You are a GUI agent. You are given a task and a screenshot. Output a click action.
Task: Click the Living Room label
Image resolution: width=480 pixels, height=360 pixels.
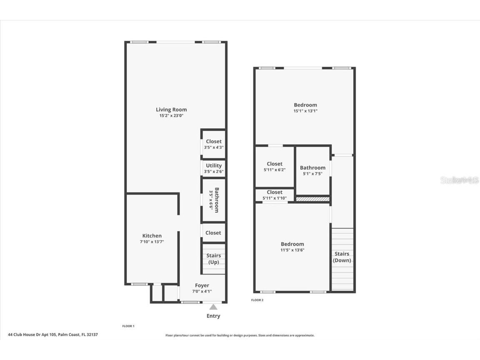pyautogui.click(x=171, y=110)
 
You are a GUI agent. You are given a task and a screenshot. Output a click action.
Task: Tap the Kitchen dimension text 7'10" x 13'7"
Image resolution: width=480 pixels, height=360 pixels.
pyautogui.click(x=152, y=242)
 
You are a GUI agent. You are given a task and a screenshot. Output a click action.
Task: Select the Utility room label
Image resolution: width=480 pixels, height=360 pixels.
pyautogui.click(x=214, y=165)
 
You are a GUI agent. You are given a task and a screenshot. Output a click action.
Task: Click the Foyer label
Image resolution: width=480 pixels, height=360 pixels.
pyautogui.click(x=202, y=285)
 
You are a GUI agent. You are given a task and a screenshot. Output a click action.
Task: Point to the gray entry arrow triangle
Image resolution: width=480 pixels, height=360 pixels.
pyautogui.click(x=213, y=307)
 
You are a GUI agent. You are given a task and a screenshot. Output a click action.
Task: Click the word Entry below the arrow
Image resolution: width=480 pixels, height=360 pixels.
pyautogui.click(x=213, y=316)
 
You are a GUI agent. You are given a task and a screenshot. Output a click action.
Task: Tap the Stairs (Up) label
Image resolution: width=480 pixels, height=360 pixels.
pyautogui.click(x=214, y=259)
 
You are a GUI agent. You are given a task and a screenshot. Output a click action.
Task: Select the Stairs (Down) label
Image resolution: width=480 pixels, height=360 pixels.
pyautogui.click(x=342, y=257)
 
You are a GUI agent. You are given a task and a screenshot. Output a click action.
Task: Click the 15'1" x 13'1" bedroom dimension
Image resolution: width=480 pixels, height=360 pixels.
pyautogui.click(x=305, y=111)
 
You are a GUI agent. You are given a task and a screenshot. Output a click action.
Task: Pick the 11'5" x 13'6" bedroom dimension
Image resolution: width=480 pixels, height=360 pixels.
pyautogui.click(x=292, y=250)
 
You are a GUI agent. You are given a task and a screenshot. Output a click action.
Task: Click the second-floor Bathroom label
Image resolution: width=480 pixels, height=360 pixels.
pyautogui.click(x=312, y=168)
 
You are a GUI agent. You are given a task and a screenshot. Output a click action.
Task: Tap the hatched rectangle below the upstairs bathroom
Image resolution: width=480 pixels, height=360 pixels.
pyautogui.click(x=312, y=199)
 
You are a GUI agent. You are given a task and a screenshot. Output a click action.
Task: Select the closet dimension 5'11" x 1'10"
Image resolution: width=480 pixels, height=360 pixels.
pyautogui.click(x=275, y=198)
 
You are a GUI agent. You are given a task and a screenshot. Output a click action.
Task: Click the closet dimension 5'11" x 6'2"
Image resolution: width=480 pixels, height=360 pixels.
pyautogui.click(x=275, y=170)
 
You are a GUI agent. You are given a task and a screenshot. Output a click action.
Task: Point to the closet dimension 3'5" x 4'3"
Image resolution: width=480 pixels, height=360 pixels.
pyautogui.click(x=214, y=147)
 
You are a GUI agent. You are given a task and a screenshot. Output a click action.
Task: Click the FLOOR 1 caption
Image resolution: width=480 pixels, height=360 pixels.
pyautogui.click(x=128, y=326)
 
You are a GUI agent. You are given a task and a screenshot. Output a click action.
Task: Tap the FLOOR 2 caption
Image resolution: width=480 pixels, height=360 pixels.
pyautogui.click(x=257, y=300)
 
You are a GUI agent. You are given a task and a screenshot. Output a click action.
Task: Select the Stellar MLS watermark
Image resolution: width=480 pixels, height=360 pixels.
pyautogui.click(x=460, y=180)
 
